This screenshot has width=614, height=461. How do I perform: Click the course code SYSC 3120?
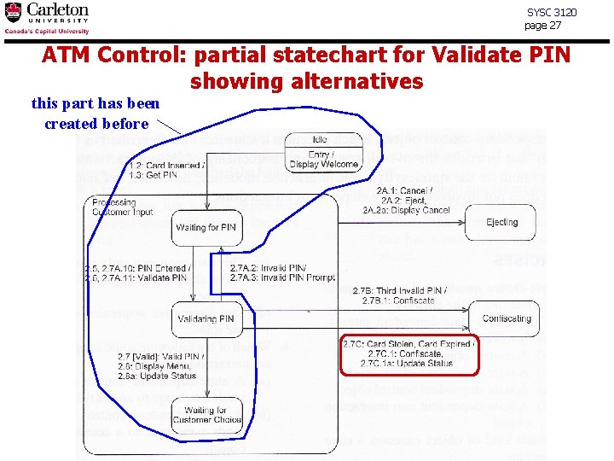pos(552,12)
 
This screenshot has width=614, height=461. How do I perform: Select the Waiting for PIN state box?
pos(206,227)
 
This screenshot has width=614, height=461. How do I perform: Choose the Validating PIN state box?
pos(206,319)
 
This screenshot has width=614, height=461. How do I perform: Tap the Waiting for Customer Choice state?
pos(206,415)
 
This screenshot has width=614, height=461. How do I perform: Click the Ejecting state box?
pos(501,222)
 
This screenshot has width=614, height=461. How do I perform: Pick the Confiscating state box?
pos(507,318)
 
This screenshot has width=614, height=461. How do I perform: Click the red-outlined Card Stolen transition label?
pos(409,353)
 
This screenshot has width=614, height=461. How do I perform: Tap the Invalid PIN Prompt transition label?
pos(282,272)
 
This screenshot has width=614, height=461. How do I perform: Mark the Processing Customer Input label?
pos(122,207)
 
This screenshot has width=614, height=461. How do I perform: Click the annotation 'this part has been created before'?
pos(96,114)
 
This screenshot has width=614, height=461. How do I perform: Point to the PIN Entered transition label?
pos(136,272)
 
